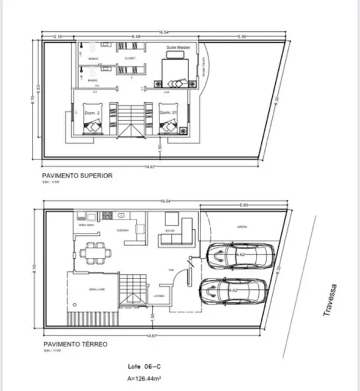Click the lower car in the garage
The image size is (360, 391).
coord(235,292)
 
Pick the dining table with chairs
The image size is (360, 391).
coord(93,251)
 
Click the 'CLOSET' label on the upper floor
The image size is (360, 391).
coord(129,58)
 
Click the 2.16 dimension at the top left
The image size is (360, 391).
coord(58,37)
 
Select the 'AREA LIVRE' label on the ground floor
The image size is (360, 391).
coord(98,289)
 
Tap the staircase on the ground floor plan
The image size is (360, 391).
coord(132,289)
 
